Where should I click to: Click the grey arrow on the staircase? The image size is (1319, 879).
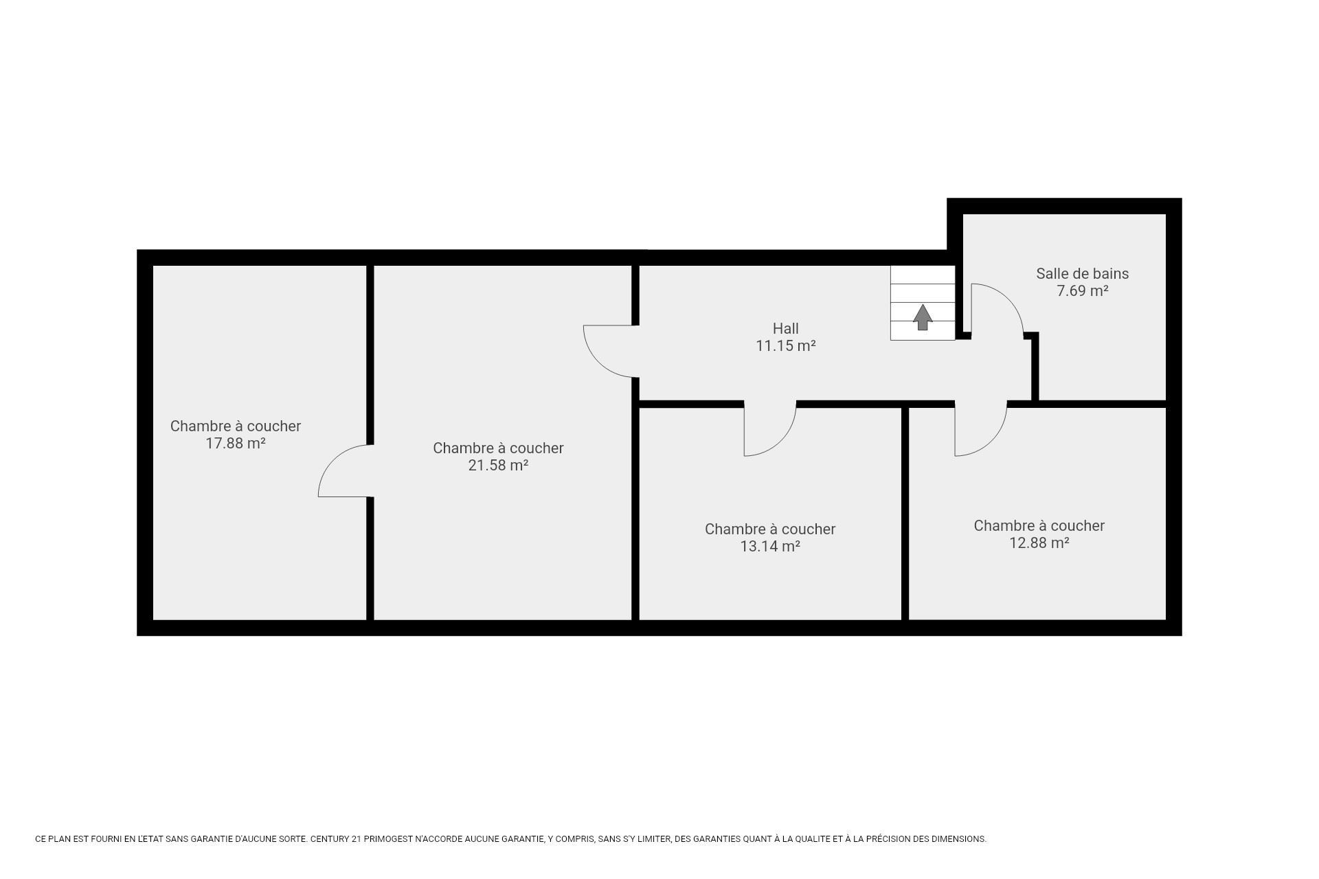(x=923, y=317)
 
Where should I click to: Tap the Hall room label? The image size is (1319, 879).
(x=785, y=328)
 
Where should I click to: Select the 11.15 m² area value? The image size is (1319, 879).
(x=785, y=345)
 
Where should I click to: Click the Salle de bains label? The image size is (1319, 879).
(x=1082, y=273)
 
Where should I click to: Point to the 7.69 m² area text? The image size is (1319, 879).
(x=1082, y=290)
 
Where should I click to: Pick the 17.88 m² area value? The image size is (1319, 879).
(x=235, y=443)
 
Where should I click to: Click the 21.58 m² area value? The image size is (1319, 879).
(x=498, y=465)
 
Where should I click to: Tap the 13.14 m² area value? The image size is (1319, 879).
(x=770, y=546)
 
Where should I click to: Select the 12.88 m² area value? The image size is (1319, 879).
(x=1039, y=543)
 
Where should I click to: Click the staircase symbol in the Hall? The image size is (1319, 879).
(x=923, y=303)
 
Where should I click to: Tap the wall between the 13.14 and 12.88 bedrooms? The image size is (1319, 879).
(x=905, y=514)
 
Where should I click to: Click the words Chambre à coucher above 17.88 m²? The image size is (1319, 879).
(x=235, y=426)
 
